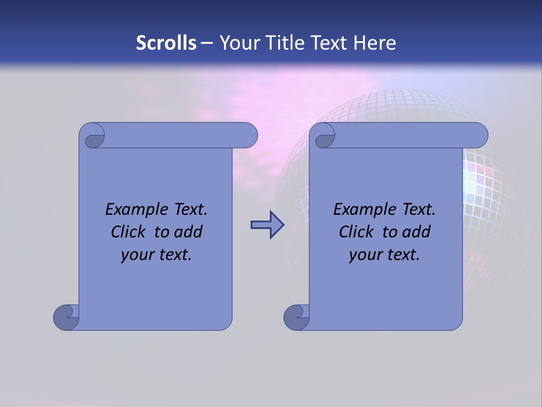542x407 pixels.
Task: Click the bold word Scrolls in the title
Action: (x=166, y=43)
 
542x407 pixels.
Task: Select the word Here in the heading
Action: (x=375, y=43)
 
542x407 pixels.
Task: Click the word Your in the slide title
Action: (x=237, y=43)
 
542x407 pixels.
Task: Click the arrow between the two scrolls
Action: (x=267, y=225)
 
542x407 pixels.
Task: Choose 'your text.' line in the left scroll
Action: (x=156, y=254)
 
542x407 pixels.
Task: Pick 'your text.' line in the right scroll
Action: (x=384, y=254)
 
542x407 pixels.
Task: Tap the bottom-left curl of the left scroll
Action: (x=66, y=317)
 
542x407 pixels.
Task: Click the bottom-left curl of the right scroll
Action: (x=296, y=317)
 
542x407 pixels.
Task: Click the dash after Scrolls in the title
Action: (x=207, y=43)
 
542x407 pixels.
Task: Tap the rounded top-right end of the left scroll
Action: (x=248, y=136)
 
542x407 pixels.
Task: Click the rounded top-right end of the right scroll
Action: (x=479, y=136)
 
